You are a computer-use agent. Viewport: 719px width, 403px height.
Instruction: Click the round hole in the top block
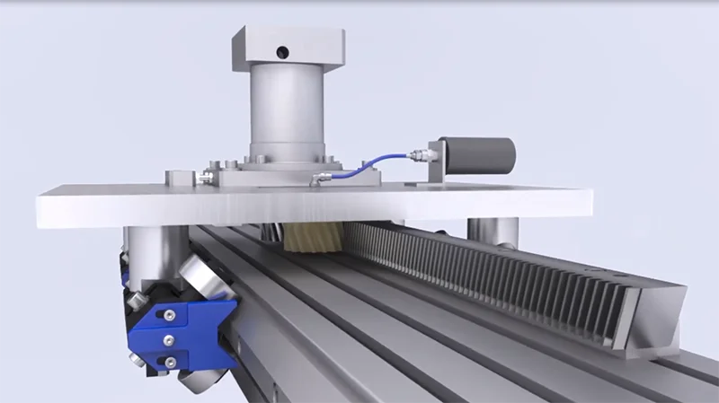[x=282, y=49]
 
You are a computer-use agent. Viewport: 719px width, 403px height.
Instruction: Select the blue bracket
[x=193, y=332]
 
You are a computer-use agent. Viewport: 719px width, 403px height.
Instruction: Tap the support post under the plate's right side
[x=493, y=232]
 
